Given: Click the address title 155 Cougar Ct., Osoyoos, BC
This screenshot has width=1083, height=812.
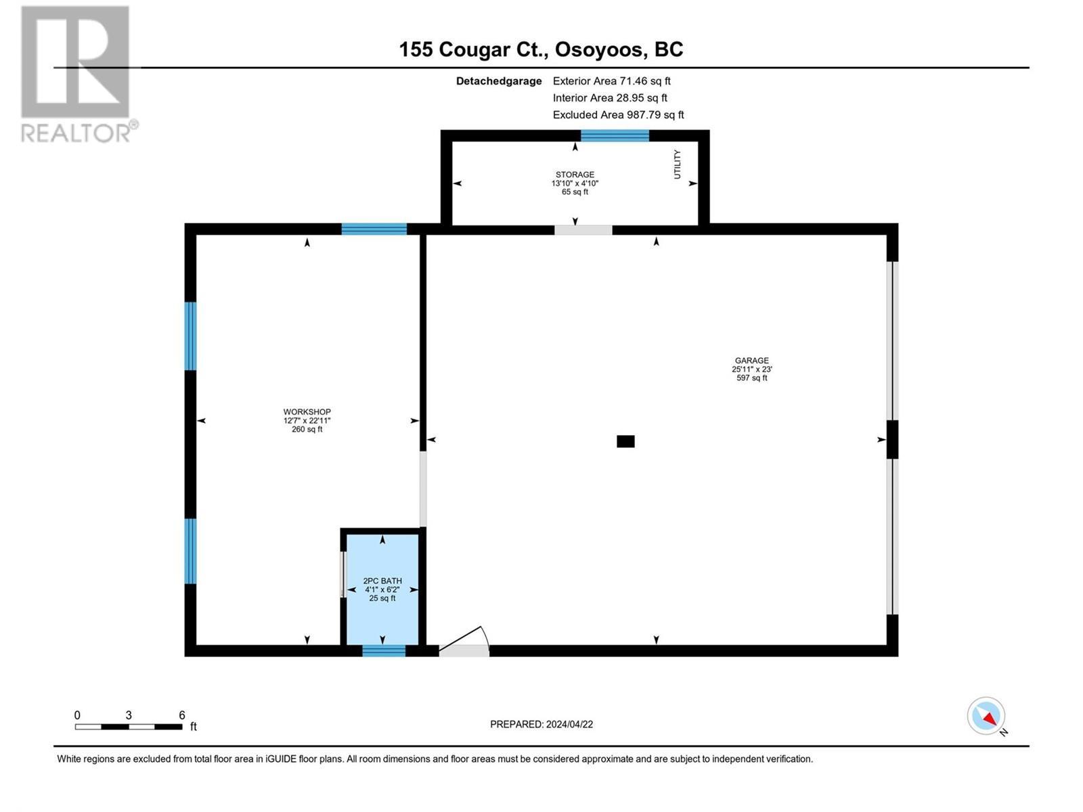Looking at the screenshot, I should (541, 49).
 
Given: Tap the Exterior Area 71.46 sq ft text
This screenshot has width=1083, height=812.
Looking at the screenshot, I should (611, 81).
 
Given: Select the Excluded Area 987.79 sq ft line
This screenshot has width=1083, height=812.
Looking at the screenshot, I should (618, 114).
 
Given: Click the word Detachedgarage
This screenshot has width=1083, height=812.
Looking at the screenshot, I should (499, 81).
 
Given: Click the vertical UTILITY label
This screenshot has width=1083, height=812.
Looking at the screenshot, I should (677, 164).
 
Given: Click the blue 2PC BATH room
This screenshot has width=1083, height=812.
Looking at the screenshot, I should (382, 589).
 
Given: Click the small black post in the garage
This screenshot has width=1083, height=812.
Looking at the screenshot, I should (625, 441).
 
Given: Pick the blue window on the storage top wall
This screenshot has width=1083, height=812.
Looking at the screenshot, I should (615, 135).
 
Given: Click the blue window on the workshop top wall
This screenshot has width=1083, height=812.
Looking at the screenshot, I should (374, 229).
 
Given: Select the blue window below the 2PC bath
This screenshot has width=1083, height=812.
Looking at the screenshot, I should (383, 651).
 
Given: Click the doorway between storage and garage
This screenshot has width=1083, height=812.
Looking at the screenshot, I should (583, 229).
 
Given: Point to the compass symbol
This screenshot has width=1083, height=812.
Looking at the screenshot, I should (986, 716).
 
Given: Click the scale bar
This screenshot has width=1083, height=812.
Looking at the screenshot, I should (129, 727).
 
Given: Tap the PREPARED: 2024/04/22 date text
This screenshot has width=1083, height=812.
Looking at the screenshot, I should (541, 724).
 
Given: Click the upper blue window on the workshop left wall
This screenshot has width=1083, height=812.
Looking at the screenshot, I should (191, 336).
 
